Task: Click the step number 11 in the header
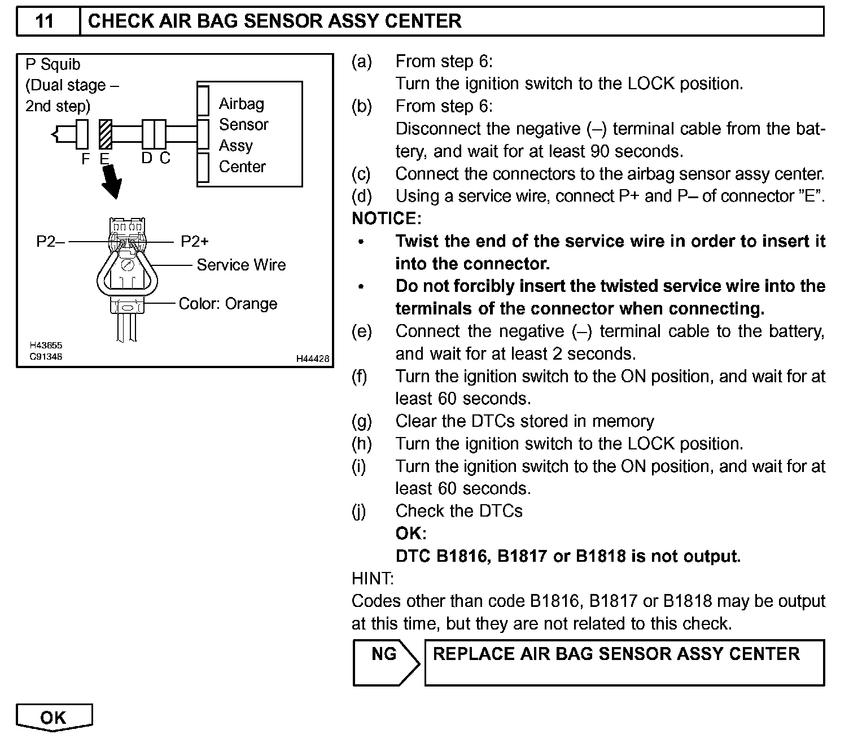pyautogui.click(x=45, y=21)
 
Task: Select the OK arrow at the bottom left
pyautogui.click(x=54, y=718)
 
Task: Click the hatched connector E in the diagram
pyautogui.click(x=105, y=134)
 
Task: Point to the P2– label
pyautogui.click(x=50, y=242)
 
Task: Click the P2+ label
pyautogui.click(x=195, y=242)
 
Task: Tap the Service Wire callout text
pyautogui.click(x=241, y=265)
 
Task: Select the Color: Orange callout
pyautogui.click(x=227, y=304)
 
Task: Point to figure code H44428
pyautogui.click(x=313, y=359)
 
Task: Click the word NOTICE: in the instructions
pyautogui.click(x=386, y=218)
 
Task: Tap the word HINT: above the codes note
pyautogui.click(x=373, y=578)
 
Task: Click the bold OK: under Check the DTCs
pyautogui.click(x=411, y=534)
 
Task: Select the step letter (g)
pyautogui.click(x=361, y=421)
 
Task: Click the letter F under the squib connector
pyautogui.click(x=86, y=159)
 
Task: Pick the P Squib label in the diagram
pyautogui.click(x=53, y=64)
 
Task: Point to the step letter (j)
pyautogui.click(x=359, y=511)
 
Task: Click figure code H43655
pyautogui.click(x=46, y=346)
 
